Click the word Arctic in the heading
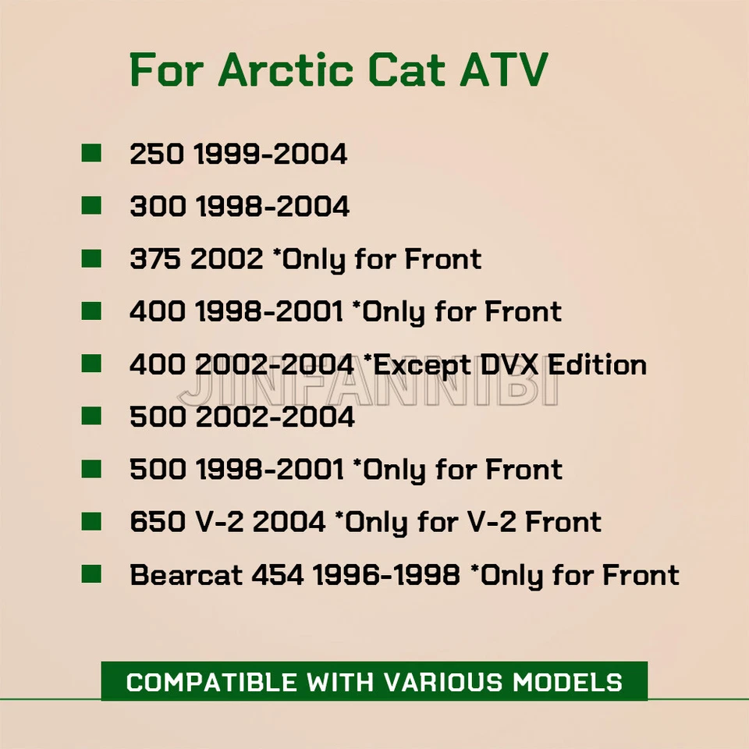pyautogui.click(x=286, y=69)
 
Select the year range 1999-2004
pyautogui.click(x=271, y=154)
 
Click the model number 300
pyautogui.click(x=158, y=207)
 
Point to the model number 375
pyautogui.click(x=155, y=259)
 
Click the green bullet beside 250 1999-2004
pyautogui.click(x=91, y=154)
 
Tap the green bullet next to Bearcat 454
pyautogui.click(x=91, y=573)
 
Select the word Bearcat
pyautogui.click(x=186, y=575)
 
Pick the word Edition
pyautogui.click(x=597, y=365)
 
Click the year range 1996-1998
pyautogui.click(x=386, y=575)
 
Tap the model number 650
pyautogui.click(x=158, y=522)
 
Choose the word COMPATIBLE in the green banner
pyautogui.click(x=211, y=682)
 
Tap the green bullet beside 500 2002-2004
pyautogui.click(x=91, y=416)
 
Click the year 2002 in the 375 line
pyautogui.click(x=227, y=259)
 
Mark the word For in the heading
pyautogui.click(x=167, y=69)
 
